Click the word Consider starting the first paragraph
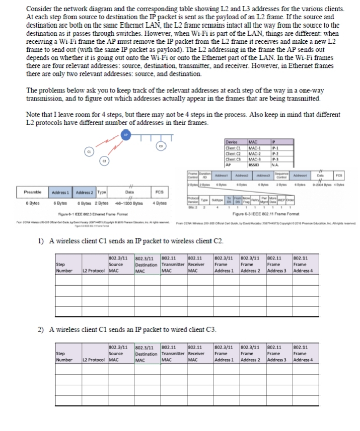click(x=39, y=9)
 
